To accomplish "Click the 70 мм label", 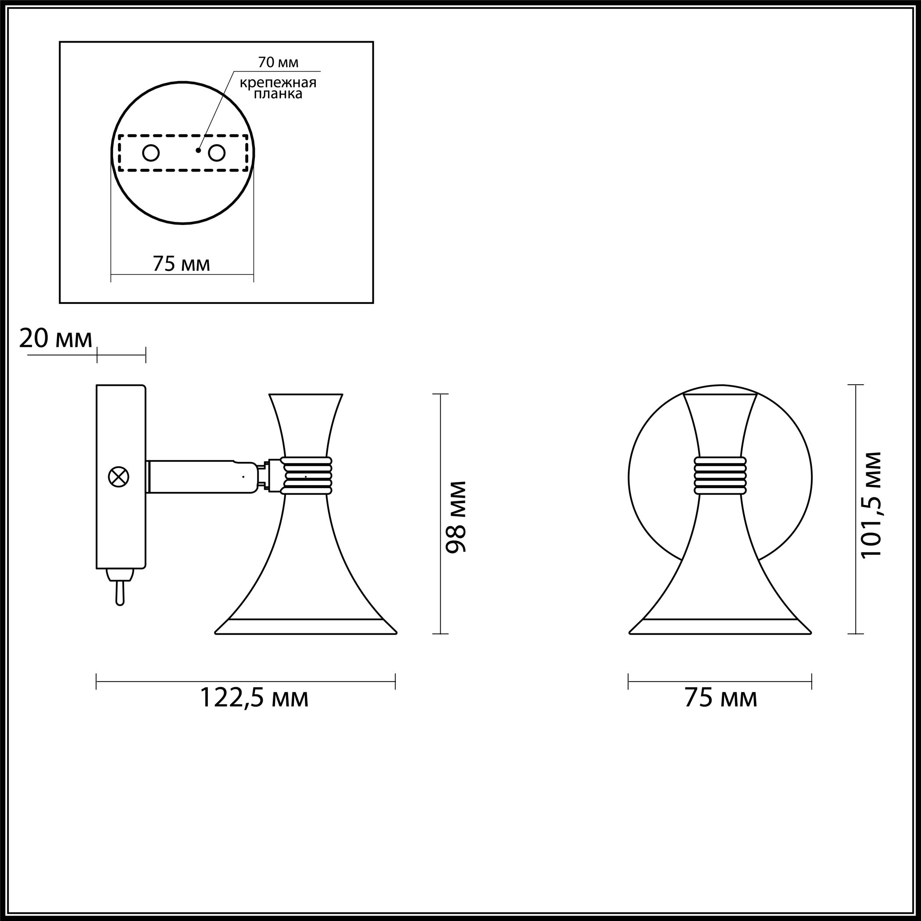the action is click(x=278, y=62).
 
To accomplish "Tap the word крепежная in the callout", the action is click(x=278, y=83).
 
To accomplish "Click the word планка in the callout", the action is click(x=278, y=94).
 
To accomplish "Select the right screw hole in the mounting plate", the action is click(x=216, y=153).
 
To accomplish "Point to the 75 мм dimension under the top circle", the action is click(x=182, y=264).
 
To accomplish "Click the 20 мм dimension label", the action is click(x=56, y=339).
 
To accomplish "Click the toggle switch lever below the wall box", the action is click(x=120, y=587).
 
